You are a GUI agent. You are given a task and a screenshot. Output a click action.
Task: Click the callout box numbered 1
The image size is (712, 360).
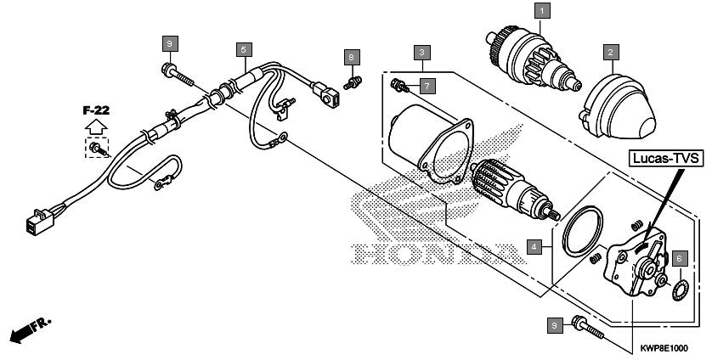[542, 11]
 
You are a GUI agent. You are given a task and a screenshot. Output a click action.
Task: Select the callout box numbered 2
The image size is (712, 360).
[611, 52]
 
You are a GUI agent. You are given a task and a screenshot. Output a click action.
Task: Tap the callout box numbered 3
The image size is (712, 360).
[421, 52]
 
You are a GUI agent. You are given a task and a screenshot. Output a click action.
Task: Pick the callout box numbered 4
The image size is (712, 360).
[534, 247]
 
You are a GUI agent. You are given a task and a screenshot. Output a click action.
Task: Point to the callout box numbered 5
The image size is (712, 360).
[244, 49]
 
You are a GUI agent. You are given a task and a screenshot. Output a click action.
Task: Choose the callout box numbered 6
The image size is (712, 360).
[680, 258]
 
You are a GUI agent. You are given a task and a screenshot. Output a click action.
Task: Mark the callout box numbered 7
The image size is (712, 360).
[427, 85]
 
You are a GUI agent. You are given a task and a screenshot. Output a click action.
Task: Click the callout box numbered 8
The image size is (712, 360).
[352, 57]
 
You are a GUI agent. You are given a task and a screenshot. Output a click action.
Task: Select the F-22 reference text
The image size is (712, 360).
[96, 110]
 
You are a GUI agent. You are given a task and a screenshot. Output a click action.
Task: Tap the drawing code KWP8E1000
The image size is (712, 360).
[664, 348]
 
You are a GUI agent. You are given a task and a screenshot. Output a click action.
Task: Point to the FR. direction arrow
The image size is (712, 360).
[31, 330]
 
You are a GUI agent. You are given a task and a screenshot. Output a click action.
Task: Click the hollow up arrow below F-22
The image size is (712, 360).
[96, 127]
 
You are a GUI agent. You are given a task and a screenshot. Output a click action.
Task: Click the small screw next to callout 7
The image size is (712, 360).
[399, 86]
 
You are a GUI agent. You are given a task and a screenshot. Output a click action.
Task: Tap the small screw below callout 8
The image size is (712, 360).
[353, 82]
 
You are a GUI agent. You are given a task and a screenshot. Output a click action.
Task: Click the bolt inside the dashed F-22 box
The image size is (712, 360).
[99, 149]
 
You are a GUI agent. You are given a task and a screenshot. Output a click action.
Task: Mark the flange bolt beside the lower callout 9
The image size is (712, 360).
[588, 329]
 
